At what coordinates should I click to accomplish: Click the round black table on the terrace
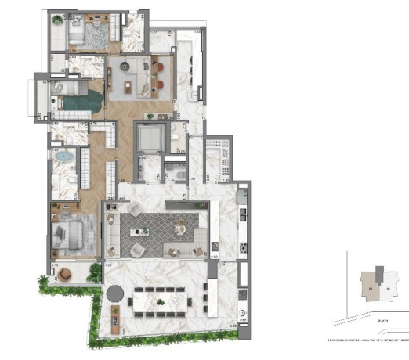click(x=115, y=294)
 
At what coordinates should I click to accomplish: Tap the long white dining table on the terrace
click(x=161, y=297)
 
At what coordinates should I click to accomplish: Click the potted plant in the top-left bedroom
click(x=57, y=22)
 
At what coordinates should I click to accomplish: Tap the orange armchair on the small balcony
click(x=60, y=274)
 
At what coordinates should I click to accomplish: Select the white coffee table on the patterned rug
click(x=144, y=232)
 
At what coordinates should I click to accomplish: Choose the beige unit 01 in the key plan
click(x=368, y=284)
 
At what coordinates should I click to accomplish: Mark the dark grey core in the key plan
click(x=379, y=273)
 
